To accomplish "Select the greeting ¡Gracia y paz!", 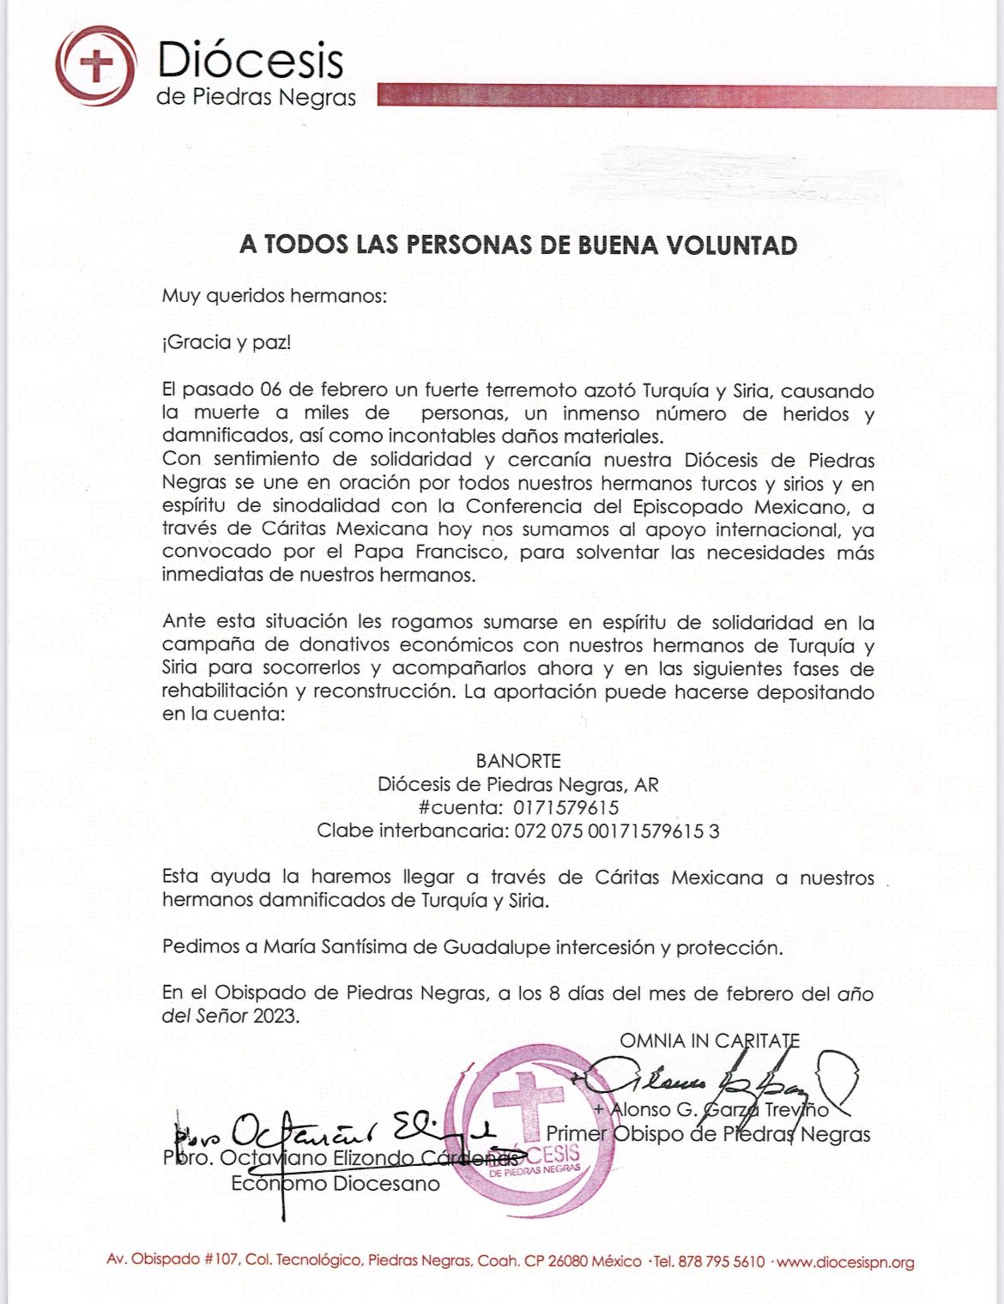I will tap(227, 343).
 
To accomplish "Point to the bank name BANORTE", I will tap(518, 761).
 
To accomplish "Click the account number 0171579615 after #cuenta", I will tap(566, 807).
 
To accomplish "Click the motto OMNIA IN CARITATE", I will tap(710, 1041).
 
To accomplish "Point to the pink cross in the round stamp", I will tap(529, 1106).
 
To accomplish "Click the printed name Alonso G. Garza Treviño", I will tap(721, 1110).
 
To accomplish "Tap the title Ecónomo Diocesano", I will tap(335, 1184).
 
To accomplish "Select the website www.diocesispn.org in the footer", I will tap(847, 1262).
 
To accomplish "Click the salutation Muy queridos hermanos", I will tap(275, 297).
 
